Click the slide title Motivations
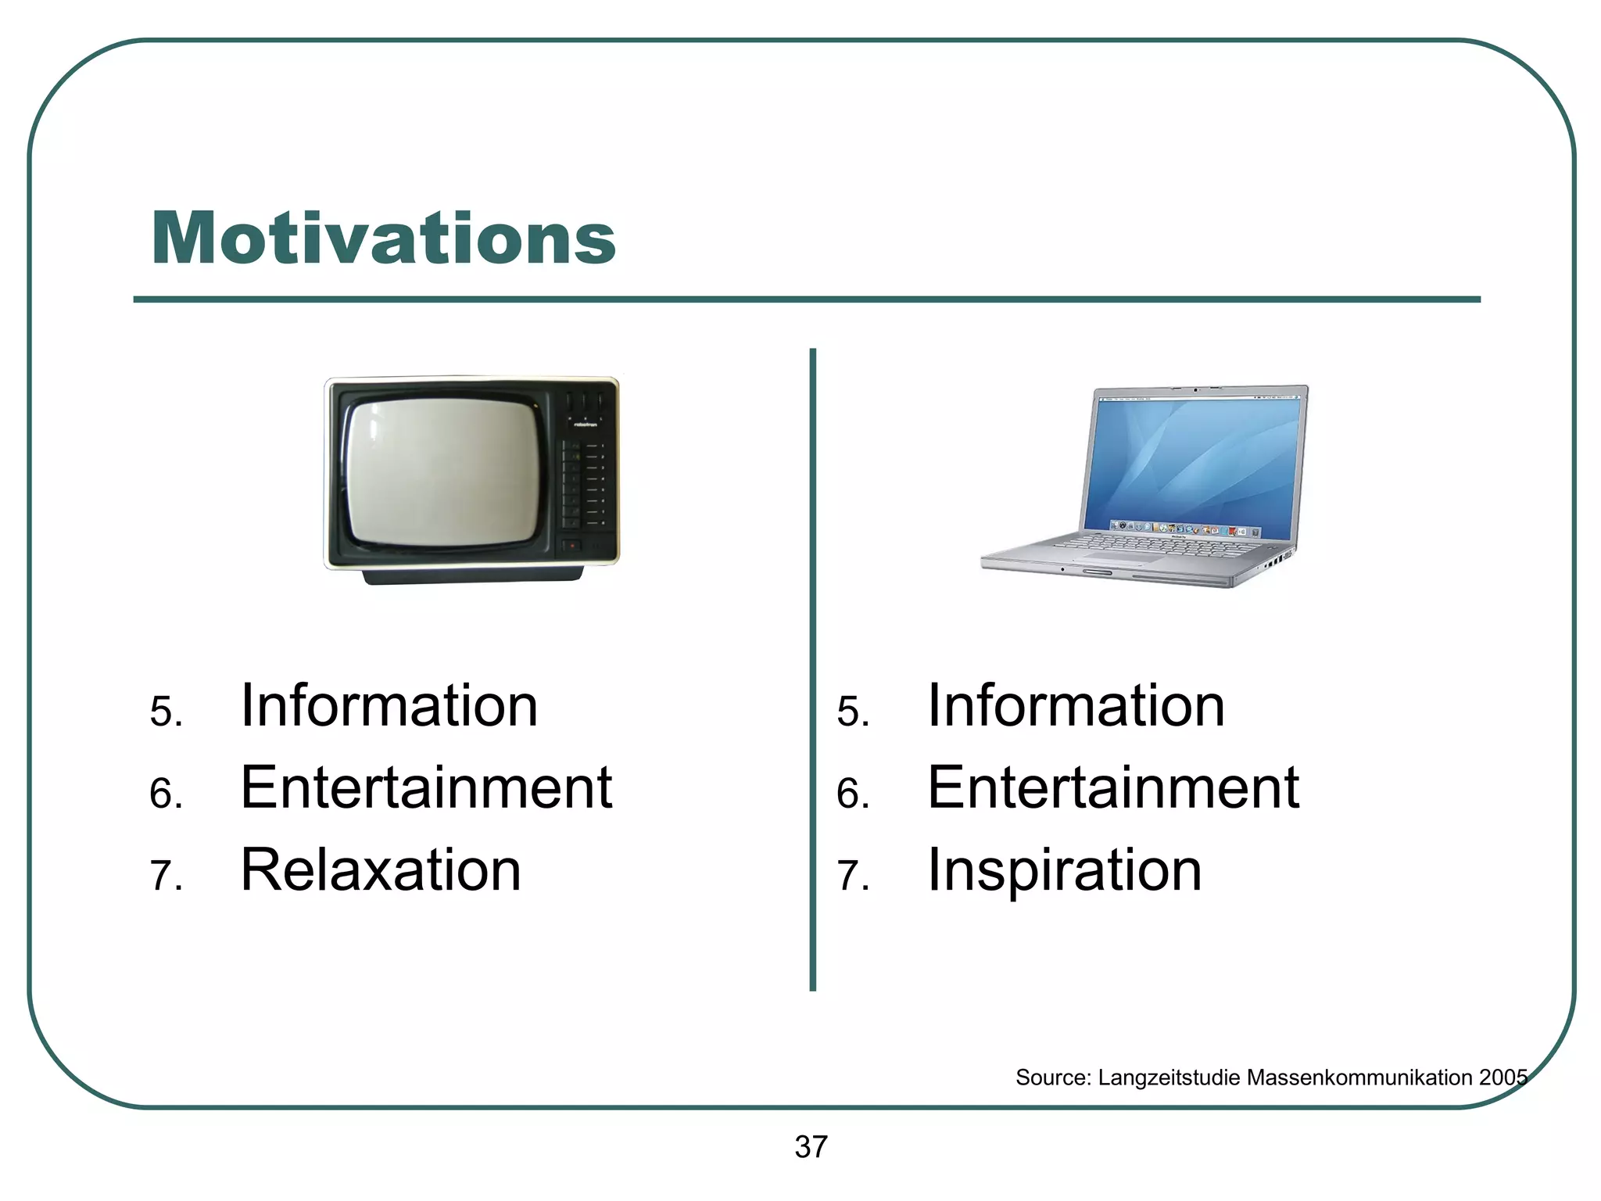(x=383, y=238)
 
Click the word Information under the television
(x=389, y=706)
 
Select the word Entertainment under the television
(x=426, y=787)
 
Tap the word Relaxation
(x=381, y=869)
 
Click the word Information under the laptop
(x=1076, y=706)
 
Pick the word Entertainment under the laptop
(x=1112, y=787)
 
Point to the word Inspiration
(x=1064, y=871)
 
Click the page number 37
(x=811, y=1147)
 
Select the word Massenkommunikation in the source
(x=1359, y=1077)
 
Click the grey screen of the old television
(x=442, y=472)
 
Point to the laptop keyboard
(x=1157, y=545)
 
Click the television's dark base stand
(x=472, y=576)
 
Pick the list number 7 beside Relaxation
(x=165, y=876)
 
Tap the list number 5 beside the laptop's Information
(x=852, y=712)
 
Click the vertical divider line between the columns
(x=813, y=669)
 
